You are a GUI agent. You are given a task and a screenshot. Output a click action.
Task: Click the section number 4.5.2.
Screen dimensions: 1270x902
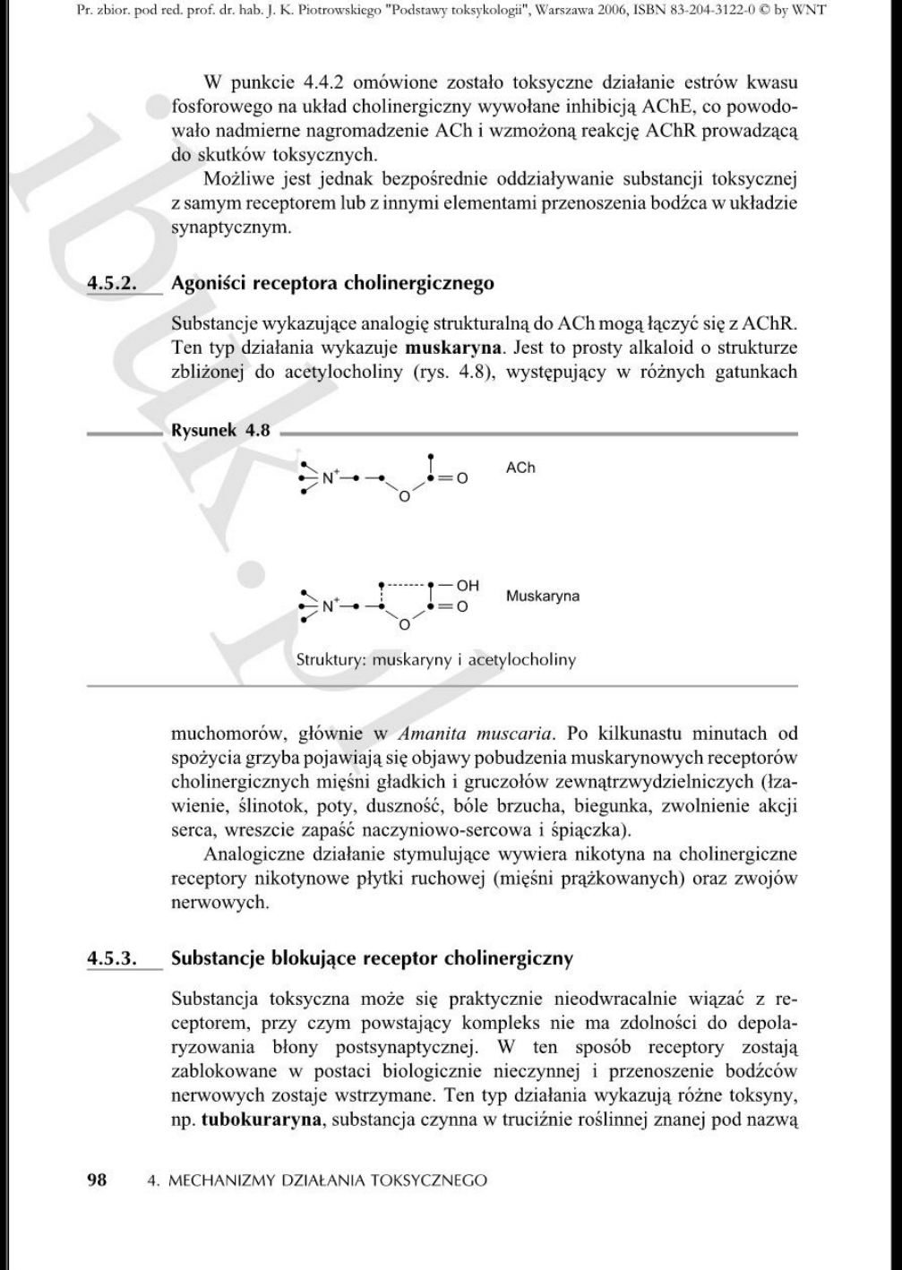point(110,285)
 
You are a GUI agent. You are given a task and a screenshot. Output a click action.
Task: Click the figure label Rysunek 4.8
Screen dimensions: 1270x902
point(220,430)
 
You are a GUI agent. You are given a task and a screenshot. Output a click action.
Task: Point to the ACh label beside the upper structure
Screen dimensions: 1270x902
point(520,468)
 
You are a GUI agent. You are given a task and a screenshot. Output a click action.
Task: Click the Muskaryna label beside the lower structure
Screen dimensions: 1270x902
point(543,596)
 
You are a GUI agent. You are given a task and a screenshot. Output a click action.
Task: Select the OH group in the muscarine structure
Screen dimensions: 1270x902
point(468,586)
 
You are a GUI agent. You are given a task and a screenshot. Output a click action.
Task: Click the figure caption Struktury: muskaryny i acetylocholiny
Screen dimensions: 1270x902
point(436,660)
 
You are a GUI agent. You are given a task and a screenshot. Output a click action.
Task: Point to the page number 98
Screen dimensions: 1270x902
point(96,1180)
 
